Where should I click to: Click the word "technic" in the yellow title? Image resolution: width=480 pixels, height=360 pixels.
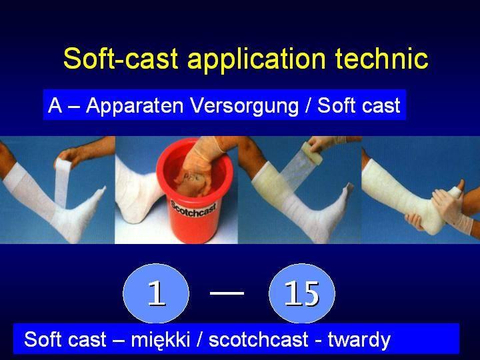coord(381,58)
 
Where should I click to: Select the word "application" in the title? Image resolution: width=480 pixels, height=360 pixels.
coord(256,60)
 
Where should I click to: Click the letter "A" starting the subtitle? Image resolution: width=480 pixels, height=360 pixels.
coord(55,105)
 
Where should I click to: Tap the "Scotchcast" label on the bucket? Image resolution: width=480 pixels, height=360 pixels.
coord(193,209)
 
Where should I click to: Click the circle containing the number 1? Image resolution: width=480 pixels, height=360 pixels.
coord(156,293)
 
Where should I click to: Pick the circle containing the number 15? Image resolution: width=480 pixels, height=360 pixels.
coord(302,293)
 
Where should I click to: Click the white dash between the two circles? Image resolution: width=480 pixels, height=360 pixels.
coord(227,293)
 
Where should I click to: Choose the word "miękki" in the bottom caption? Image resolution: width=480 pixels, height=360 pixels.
coord(161,339)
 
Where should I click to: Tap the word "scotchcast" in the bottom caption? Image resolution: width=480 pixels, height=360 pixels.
coord(259,339)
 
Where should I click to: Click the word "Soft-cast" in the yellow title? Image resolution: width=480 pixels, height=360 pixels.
coord(121,58)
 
